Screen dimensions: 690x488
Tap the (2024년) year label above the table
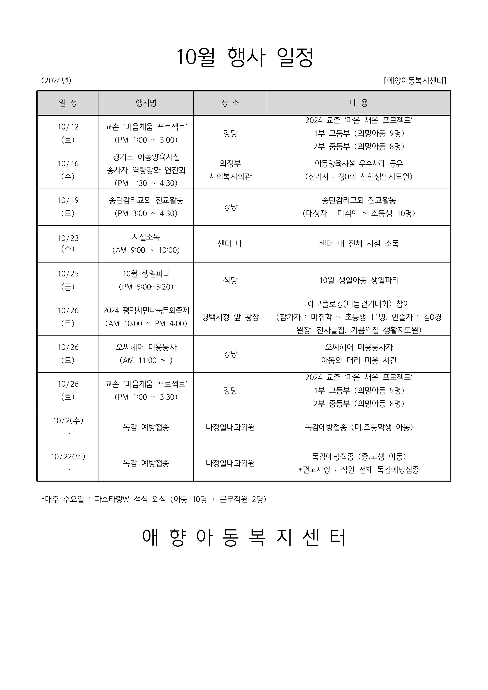pos(56,81)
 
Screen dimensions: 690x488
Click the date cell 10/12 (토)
pos(68,133)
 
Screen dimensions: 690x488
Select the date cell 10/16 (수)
pos(68,170)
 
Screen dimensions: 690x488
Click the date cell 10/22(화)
pos(68,463)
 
